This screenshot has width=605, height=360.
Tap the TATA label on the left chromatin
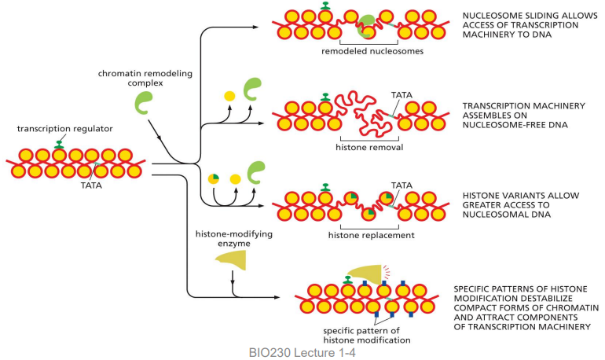click(91, 187)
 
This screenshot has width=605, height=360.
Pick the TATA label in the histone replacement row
click(401, 186)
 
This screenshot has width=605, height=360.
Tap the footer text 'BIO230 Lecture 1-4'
click(298, 353)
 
